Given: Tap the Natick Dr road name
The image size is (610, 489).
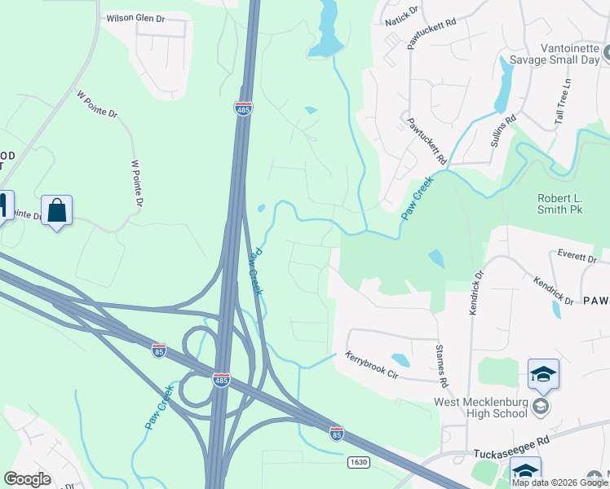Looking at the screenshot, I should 402,15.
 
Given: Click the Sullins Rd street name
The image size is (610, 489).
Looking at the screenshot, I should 511,130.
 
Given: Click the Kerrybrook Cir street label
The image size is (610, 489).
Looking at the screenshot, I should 382,363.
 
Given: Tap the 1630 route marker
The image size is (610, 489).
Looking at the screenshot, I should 358,462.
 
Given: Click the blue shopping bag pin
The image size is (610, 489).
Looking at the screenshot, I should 56,211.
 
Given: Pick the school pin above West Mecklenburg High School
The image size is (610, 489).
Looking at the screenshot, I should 543,374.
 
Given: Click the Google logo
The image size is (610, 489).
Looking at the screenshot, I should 27,479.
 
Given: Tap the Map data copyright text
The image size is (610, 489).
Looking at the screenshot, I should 559,482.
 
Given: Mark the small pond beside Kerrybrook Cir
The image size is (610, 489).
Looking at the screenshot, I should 400,359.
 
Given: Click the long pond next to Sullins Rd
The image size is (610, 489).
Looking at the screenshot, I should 504,86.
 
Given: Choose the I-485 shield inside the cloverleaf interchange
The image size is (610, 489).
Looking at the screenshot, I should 221,380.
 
